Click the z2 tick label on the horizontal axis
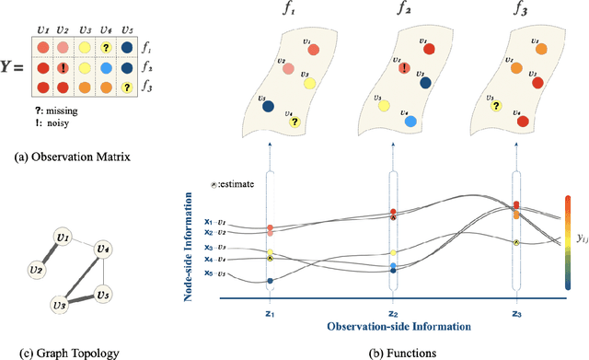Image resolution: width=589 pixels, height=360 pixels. [x=393, y=312]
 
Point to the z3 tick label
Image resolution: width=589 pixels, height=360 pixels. [x=517, y=312]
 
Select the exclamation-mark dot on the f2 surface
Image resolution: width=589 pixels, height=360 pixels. [x=404, y=66]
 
